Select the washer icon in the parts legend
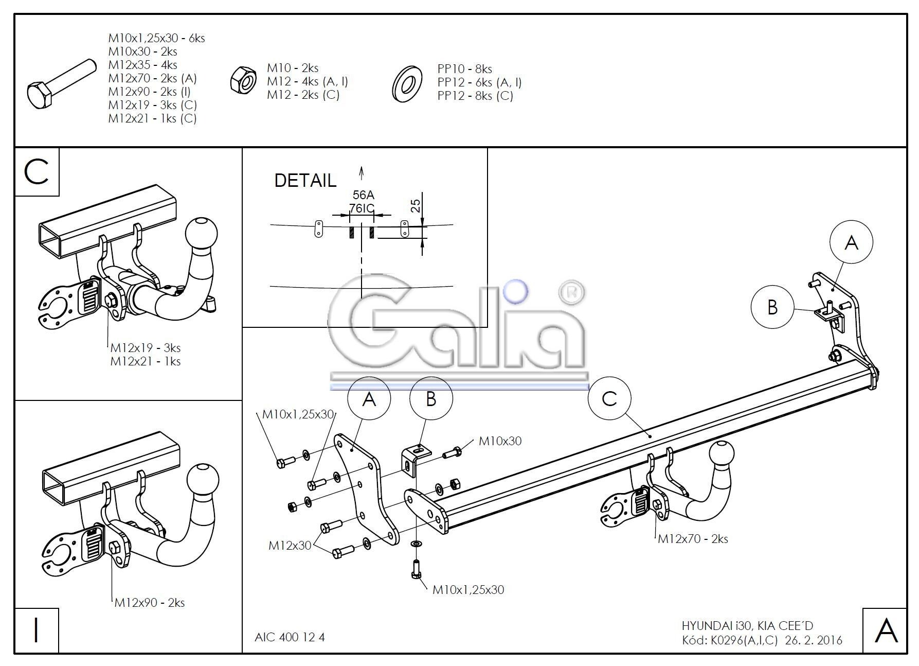pyautogui.click(x=407, y=83)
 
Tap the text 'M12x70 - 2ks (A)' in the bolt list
pyautogui.click(x=152, y=78)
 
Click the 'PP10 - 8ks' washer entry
pyautogui.click(x=464, y=69)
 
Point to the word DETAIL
pyautogui.click(x=305, y=180)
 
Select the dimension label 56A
pyautogui.click(x=363, y=195)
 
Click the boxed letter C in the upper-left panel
pyautogui.click(x=37, y=172)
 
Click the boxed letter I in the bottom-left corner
pyautogui.click(x=36, y=630)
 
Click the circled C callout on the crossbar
pyautogui.click(x=609, y=398)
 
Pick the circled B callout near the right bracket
pyautogui.click(x=772, y=307)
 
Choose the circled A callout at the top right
pyautogui.click(x=852, y=242)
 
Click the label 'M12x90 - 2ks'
pyautogui.click(x=149, y=602)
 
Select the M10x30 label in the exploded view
pyautogui.click(x=500, y=441)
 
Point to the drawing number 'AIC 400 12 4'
pyautogui.click(x=290, y=637)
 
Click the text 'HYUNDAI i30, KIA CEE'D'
pyautogui.click(x=747, y=626)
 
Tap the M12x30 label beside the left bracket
pyautogui.click(x=290, y=546)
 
